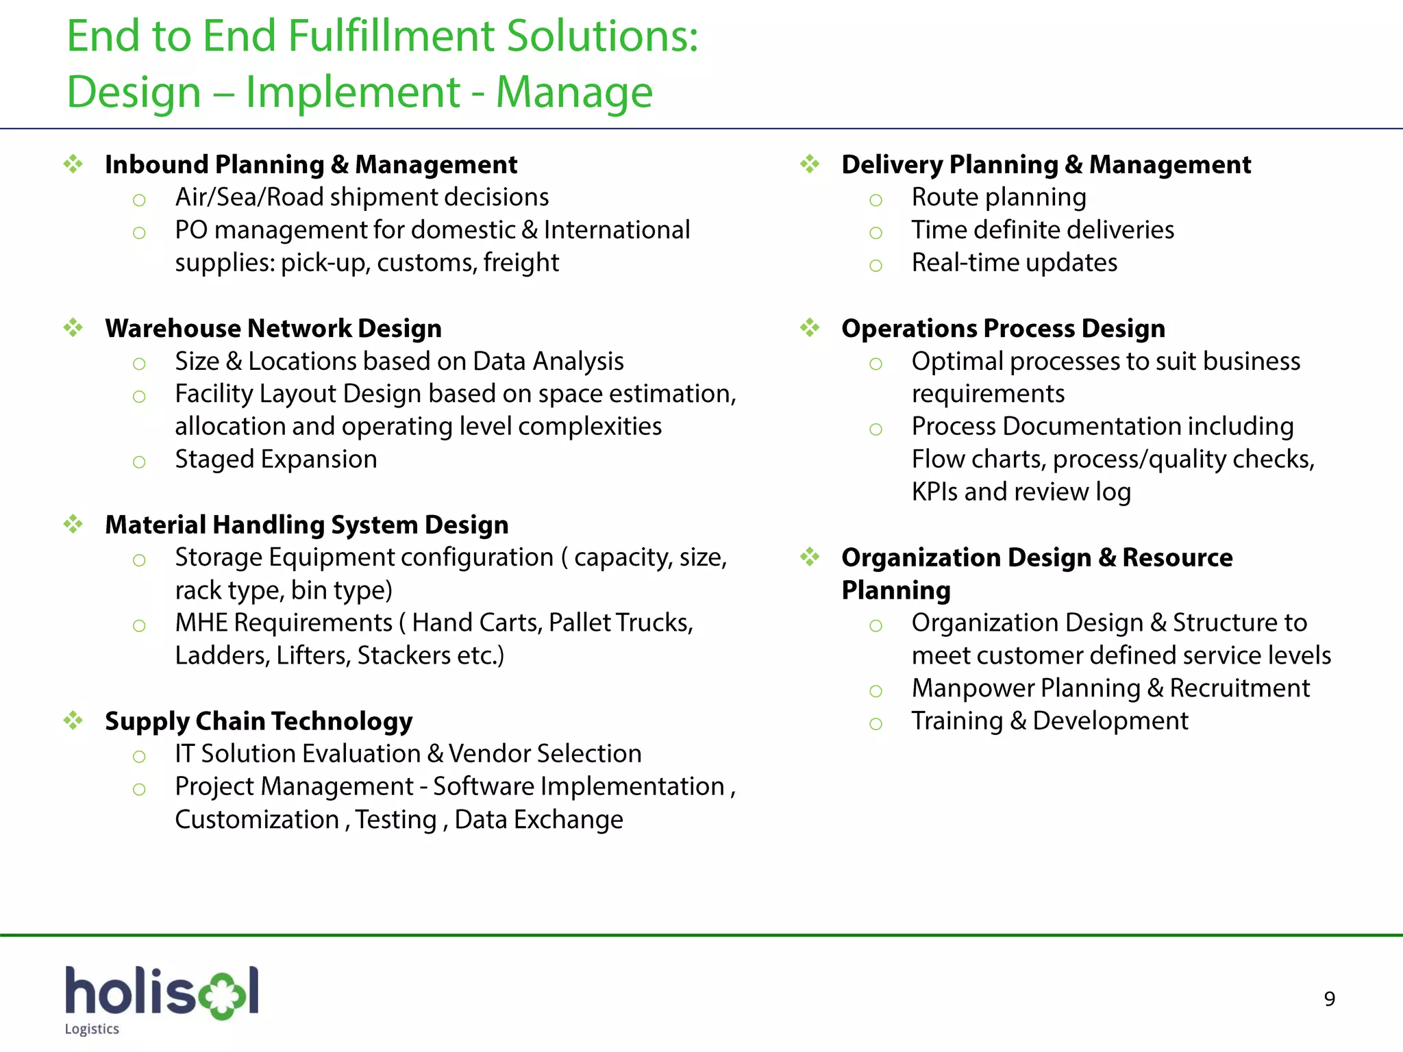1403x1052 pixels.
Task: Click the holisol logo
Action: point(162,992)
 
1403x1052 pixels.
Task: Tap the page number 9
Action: point(1329,999)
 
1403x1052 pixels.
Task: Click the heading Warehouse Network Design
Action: point(273,329)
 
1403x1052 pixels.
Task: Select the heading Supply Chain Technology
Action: point(258,721)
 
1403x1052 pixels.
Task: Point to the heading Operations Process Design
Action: point(1003,329)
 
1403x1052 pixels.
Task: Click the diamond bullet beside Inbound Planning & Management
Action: point(73,164)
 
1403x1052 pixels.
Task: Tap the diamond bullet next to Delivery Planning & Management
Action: point(810,164)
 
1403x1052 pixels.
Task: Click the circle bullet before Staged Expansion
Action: point(139,462)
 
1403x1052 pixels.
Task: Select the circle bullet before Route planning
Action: point(876,201)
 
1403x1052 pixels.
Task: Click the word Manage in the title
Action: point(574,92)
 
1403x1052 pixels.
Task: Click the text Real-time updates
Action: point(1014,263)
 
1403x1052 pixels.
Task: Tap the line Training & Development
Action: point(1050,721)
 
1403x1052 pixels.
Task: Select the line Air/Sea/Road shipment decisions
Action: point(362,197)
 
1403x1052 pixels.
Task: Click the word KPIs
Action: point(934,492)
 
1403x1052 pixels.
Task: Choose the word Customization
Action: point(257,820)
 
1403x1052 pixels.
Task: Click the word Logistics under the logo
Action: point(92,1029)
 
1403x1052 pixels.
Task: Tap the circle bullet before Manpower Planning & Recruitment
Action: point(876,691)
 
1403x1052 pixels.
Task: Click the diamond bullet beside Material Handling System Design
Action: point(73,525)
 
